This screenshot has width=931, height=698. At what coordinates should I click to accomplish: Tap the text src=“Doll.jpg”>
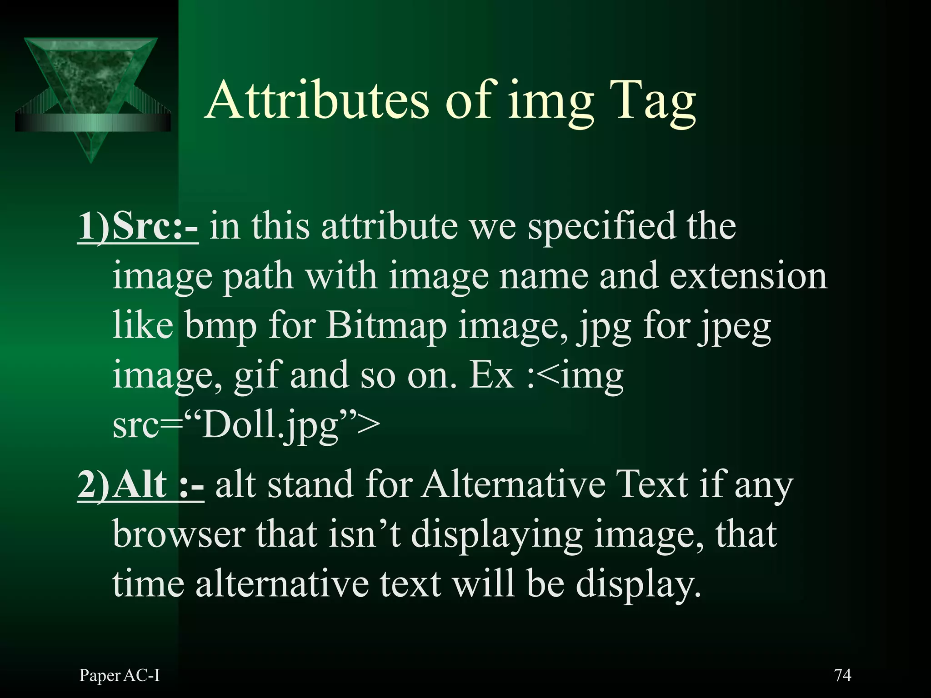point(246,425)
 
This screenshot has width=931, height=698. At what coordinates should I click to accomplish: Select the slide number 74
point(843,675)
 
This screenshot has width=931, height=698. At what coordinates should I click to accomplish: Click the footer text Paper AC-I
point(120,676)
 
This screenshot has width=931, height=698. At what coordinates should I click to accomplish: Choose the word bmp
point(220,326)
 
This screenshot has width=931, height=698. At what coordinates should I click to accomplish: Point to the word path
point(258,277)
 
